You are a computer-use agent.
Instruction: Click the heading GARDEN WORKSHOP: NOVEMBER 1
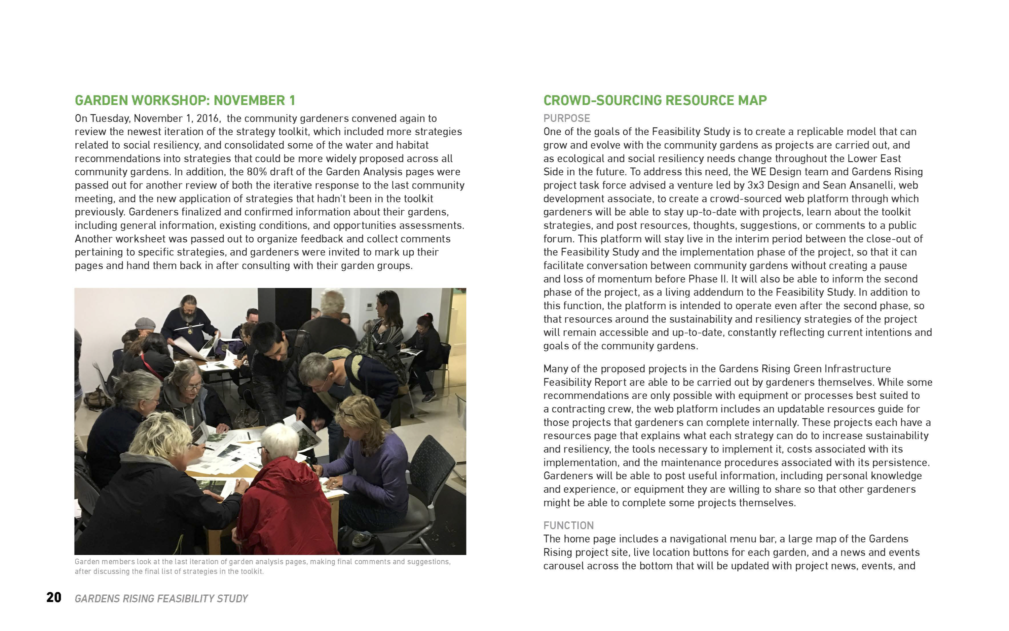click(x=185, y=101)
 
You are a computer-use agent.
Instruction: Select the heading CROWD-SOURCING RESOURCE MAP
click(x=655, y=101)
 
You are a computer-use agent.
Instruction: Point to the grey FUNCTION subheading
click(x=568, y=525)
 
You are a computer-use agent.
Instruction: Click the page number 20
click(x=54, y=598)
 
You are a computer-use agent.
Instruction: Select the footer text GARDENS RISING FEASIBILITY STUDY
click(x=161, y=599)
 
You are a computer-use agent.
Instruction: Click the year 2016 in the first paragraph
click(x=207, y=118)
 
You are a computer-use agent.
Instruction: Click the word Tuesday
click(x=110, y=118)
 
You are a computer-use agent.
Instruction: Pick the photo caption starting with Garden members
click(x=262, y=566)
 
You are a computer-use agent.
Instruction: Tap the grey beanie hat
click(x=145, y=323)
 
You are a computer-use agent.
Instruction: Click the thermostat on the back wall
click(x=368, y=307)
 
